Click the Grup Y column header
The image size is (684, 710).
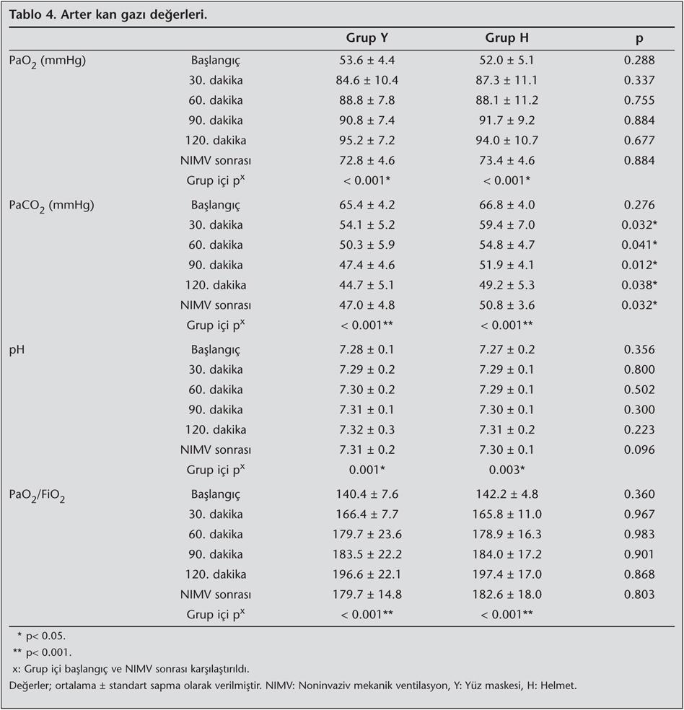[367, 38]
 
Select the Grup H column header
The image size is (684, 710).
[508, 38]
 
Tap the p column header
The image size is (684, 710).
[639, 38]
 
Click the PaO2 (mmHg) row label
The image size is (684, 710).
[47, 61]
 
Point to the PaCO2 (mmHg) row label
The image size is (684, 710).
[51, 206]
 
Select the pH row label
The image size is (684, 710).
[17, 349]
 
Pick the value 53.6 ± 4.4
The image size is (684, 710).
[367, 60]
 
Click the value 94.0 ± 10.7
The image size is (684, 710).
[509, 140]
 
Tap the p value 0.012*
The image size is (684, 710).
[640, 265]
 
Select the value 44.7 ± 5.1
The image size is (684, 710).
[367, 285]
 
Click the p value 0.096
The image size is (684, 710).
[639, 450]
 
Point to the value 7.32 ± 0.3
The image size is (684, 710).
[367, 429]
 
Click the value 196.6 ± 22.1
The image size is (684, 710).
[367, 574]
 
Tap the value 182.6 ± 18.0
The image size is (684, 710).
[509, 594]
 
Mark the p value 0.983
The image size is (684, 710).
[639, 534]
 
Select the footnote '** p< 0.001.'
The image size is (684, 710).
[44, 652]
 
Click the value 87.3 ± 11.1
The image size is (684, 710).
[509, 80]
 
